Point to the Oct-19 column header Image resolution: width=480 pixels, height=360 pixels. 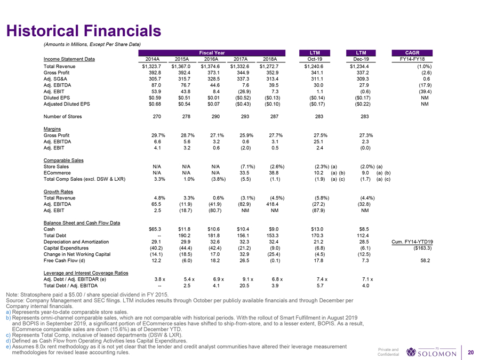point(313,59)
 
